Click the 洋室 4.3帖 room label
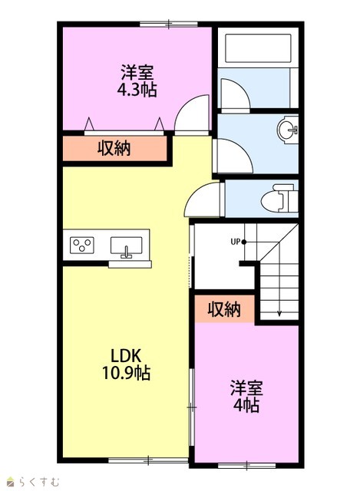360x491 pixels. (x=137, y=81)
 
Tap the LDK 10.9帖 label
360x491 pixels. (x=126, y=364)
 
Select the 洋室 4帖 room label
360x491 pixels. (x=246, y=397)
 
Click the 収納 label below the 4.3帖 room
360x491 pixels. (x=114, y=148)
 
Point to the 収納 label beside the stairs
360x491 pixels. (x=224, y=309)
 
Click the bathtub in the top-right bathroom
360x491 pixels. (x=258, y=48)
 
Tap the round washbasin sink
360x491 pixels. (x=287, y=130)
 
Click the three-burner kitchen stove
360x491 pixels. (x=82, y=245)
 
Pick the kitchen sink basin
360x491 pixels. (x=126, y=245)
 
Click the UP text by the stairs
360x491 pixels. (x=236, y=242)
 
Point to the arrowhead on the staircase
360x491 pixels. (x=279, y=313)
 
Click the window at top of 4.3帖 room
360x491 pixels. (x=169, y=24)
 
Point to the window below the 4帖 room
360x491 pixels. (x=246, y=466)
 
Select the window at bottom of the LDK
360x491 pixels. (x=148, y=460)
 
